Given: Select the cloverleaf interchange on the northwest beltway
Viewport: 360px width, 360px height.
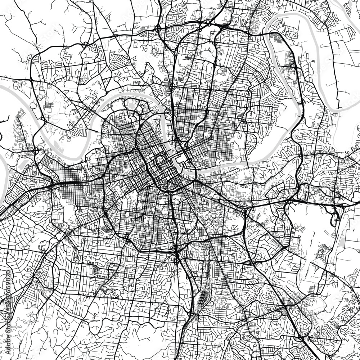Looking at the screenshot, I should [85, 45].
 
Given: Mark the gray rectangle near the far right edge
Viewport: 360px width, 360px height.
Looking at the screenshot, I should [336, 114].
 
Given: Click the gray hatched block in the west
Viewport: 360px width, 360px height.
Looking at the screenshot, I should [49, 105].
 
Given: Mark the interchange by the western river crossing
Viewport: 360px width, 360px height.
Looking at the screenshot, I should [36, 151].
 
